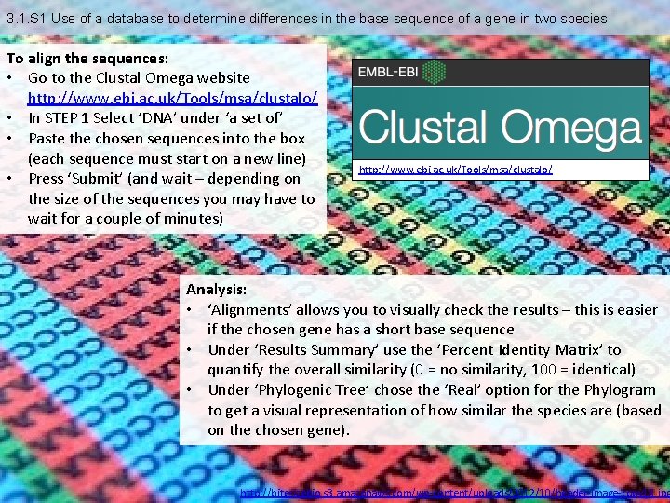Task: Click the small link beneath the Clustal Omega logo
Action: click(455, 169)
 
